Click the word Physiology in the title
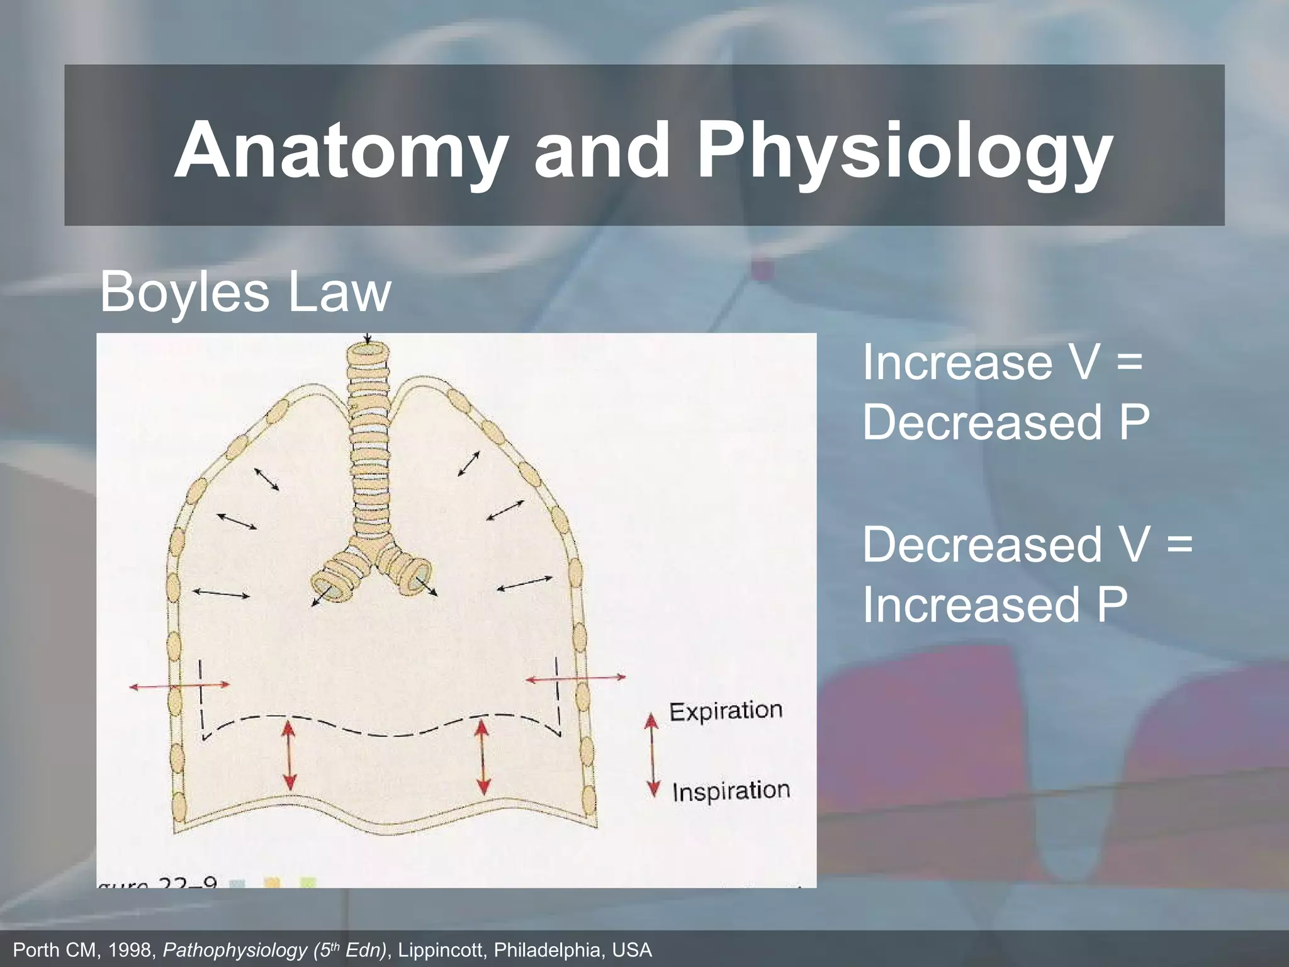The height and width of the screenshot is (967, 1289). coord(904,151)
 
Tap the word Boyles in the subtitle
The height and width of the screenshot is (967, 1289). coord(184,291)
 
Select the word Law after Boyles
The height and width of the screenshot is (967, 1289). coord(340,291)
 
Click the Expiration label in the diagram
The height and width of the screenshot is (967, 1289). coord(725,711)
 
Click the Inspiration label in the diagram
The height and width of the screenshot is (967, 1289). coord(730,791)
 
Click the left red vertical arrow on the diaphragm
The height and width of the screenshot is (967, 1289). coord(289,755)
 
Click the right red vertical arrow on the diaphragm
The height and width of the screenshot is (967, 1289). coord(483,756)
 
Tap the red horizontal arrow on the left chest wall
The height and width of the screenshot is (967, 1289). coord(180,685)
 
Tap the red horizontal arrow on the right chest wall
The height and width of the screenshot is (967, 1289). coord(575,678)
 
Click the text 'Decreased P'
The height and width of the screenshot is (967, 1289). coord(1006,422)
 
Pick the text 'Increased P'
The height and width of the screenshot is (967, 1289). coord(994,604)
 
